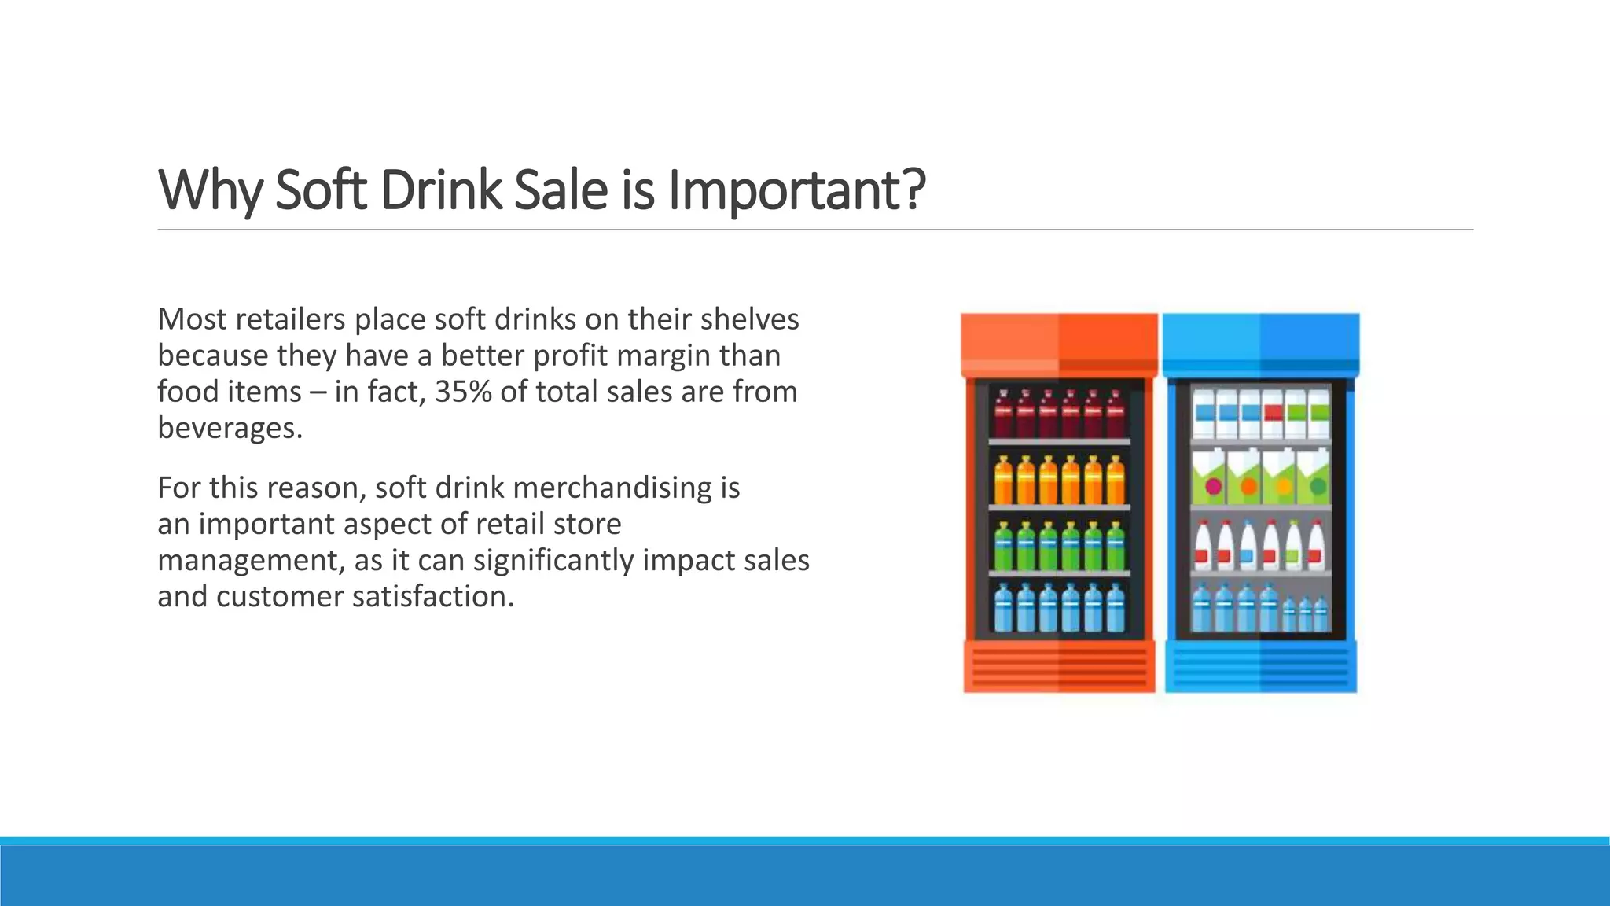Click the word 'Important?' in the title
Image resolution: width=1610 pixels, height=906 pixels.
(796, 190)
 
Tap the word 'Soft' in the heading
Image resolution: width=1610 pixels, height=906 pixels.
(321, 190)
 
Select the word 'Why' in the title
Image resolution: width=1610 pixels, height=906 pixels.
(208, 190)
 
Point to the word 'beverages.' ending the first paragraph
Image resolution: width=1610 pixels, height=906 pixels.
(230, 428)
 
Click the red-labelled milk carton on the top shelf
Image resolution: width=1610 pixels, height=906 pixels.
(1274, 414)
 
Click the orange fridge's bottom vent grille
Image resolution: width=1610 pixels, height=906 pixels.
(1059, 667)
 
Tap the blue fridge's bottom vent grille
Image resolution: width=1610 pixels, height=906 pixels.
(1261, 667)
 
